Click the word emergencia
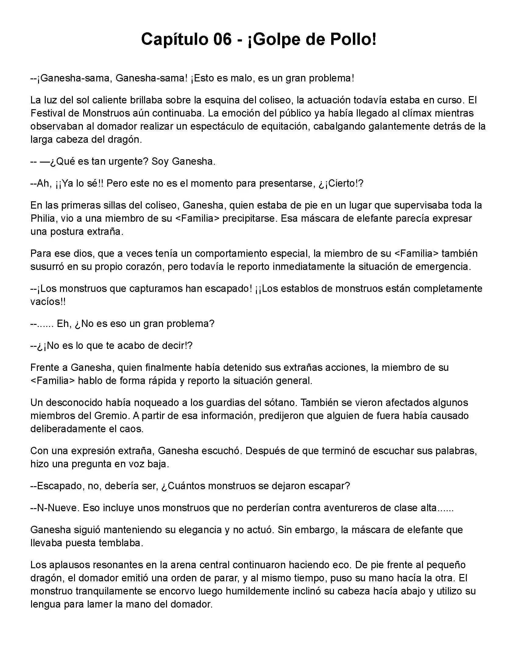[443, 266]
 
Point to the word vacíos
[47, 302]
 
